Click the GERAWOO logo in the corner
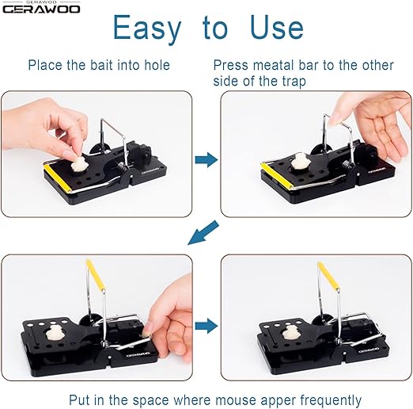click(x=41, y=8)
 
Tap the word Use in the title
click(x=277, y=27)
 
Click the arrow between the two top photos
click(x=206, y=159)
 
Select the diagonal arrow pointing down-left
click(x=203, y=233)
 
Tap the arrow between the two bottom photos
click(x=206, y=326)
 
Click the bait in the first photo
click(x=78, y=164)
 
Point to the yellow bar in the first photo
click(x=58, y=178)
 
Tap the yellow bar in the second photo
click(x=275, y=176)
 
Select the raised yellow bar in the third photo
click(x=96, y=274)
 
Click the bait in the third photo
click(x=55, y=333)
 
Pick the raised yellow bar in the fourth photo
click(x=328, y=276)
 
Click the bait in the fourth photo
click(x=290, y=332)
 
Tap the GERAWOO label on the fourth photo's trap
click(x=369, y=350)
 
